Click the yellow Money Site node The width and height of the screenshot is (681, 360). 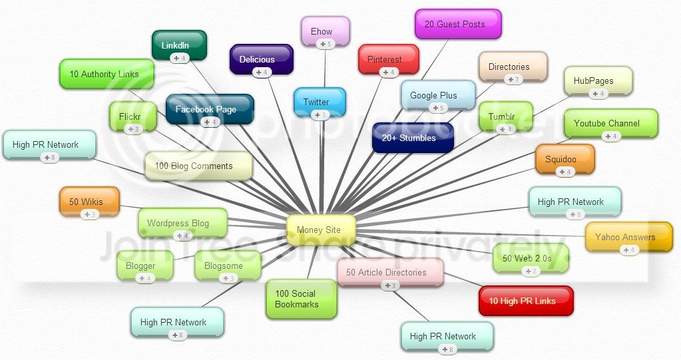(x=321, y=230)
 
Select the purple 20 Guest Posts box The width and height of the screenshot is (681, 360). (x=458, y=25)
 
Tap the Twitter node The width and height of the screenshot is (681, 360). (x=320, y=102)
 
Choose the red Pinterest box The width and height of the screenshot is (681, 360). (x=389, y=59)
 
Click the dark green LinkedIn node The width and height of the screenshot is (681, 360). (x=179, y=45)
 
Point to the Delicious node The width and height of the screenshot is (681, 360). (x=262, y=59)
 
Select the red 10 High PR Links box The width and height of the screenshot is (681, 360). (x=526, y=301)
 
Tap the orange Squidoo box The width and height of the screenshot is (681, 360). (x=565, y=159)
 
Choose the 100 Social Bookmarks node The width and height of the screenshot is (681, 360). (x=302, y=299)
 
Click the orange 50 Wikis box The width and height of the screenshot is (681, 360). (x=89, y=202)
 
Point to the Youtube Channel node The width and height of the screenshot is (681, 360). (x=611, y=123)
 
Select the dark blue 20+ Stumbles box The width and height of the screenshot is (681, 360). (x=413, y=138)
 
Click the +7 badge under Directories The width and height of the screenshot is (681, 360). (x=513, y=79)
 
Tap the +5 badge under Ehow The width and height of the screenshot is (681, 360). (x=326, y=44)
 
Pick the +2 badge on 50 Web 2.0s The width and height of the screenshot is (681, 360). (x=531, y=271)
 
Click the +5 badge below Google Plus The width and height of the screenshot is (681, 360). (x=438, y=108)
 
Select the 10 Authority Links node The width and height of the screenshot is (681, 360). (x=107, y=74)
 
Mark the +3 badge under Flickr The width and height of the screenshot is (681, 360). (x=133, y=129)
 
